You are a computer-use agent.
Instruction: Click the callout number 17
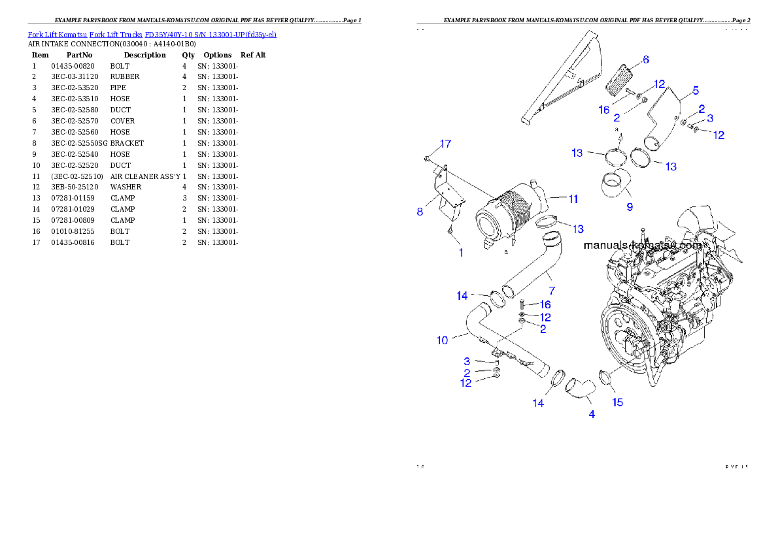(x=445, y=143)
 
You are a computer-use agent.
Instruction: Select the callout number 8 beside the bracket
(x=420, y=212)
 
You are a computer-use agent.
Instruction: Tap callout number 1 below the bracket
(x=461, y=252)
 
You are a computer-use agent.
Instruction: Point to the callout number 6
(x=645, y=59)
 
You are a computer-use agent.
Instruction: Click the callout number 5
(x=696, y=89)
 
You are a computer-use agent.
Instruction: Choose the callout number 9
(x=630, y=206)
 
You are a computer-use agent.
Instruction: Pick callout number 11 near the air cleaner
(x=573, y=199)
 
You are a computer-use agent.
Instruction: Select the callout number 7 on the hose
(x=551, y=289)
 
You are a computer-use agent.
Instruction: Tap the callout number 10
(x=443, y=340)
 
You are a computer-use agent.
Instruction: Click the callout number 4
(x=592, y=414)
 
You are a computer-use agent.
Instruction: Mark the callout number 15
(x=617, y=402)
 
